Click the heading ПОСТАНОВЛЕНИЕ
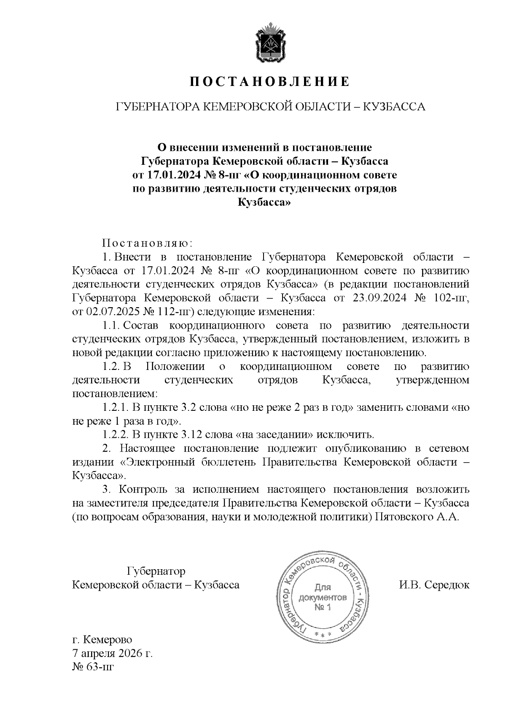(269, 82)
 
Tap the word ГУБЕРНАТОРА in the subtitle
(156, 107)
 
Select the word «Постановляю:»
(147, 243)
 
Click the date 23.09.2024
(378, 298)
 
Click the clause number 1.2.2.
(115, 434)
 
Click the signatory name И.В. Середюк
(434, 585)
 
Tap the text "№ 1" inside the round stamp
(323, 607)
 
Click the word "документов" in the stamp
(323, 597)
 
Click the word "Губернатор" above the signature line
(156, 571)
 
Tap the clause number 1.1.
(112, 325)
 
